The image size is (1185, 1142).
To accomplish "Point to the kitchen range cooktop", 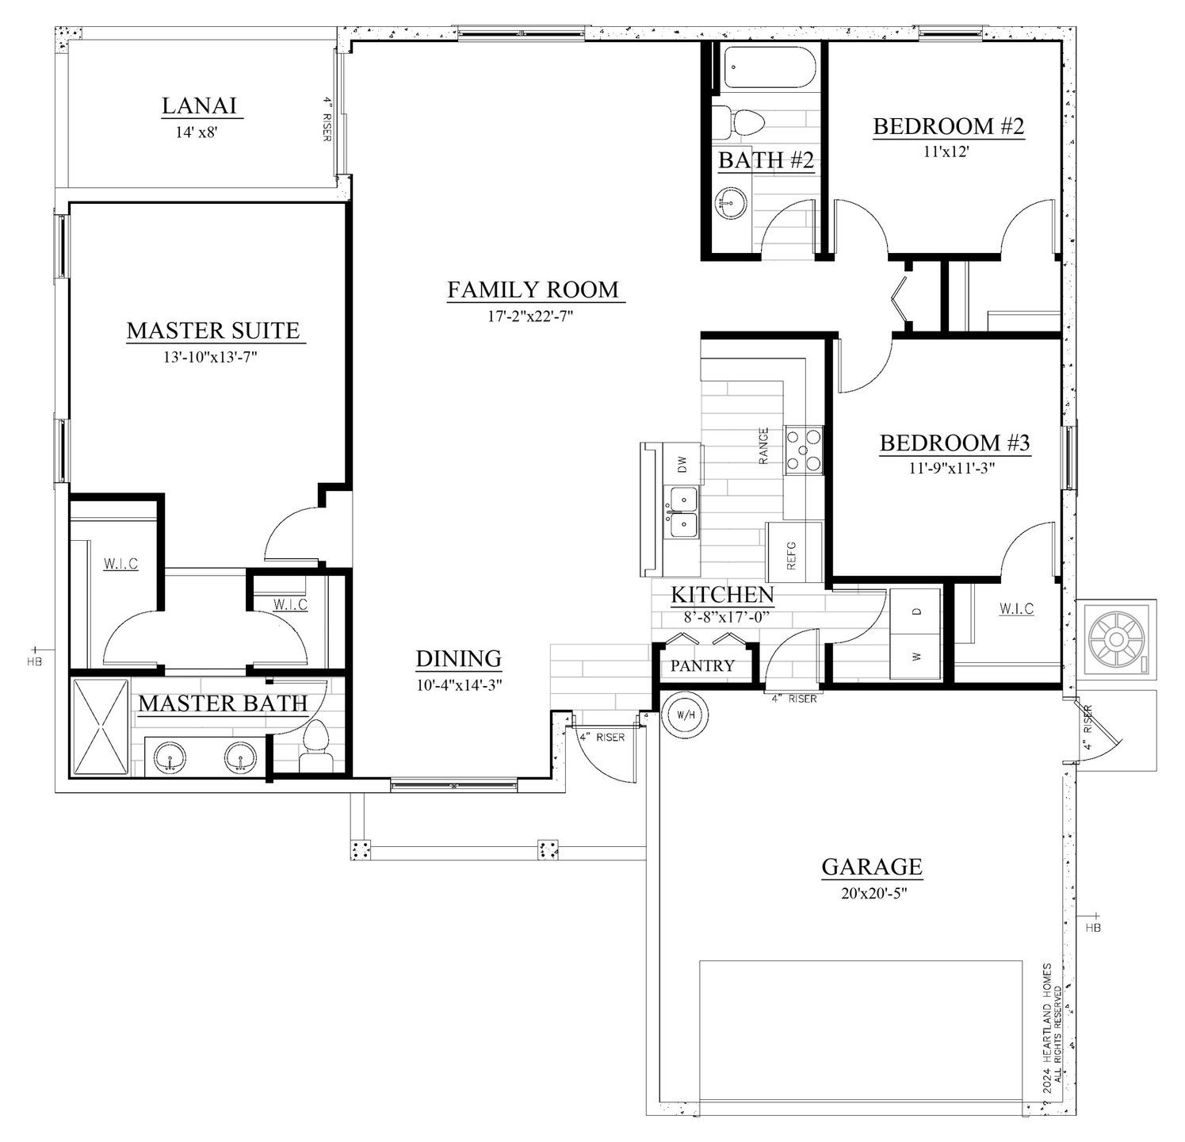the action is (x=804, y=450).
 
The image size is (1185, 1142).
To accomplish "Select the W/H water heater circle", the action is (x=686, y=715).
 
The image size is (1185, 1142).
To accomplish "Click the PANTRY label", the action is (x=702, y=665).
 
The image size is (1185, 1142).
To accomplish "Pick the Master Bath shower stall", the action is (x=101, y=726).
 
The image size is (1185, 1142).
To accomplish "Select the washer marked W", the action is (x=917, y=657).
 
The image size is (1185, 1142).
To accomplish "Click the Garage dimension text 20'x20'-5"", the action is (x=872, y=893).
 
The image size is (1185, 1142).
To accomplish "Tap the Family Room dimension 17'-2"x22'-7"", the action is (x=530, y=316).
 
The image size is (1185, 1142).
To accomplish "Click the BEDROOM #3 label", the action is (x=954, y=443).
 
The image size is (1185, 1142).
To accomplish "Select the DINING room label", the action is (x=459, y=658).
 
